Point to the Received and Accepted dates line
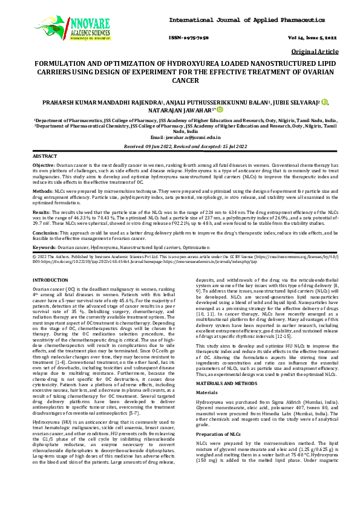pyautogui.click(x=180, y=146)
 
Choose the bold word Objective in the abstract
pyautogui.click(x=43, y=165)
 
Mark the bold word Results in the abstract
pyautogui.click(x=41, y=213)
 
